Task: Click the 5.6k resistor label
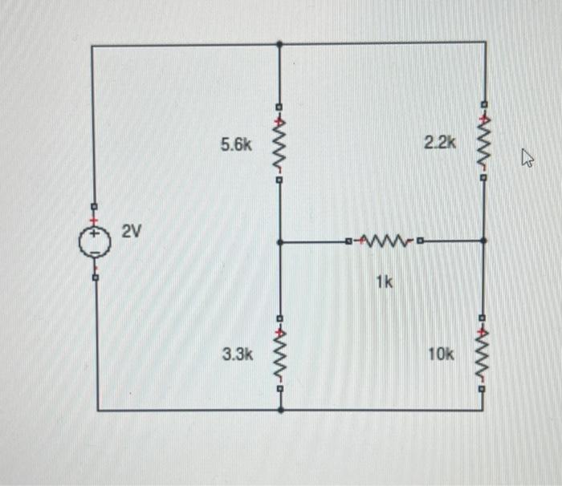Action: click(237, 145)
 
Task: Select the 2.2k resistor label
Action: click(440, 144)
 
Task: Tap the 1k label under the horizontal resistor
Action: click(384, 281)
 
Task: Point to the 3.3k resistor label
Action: click(238, 354)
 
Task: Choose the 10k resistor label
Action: click(441, 354)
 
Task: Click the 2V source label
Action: click(132, 232)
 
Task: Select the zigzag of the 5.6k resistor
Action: click(279, 144)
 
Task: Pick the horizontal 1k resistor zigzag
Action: click(384, 240)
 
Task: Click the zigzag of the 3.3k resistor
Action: click(279, 354)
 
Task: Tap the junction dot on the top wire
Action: click(279, 43)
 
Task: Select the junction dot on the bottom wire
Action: click(280, 409)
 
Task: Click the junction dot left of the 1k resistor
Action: click(279, 241)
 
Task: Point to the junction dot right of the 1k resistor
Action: click(483, 240)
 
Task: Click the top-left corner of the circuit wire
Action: click(92, 46)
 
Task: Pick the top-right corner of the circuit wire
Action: click(485, 43)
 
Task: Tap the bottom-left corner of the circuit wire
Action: click(98, 409)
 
